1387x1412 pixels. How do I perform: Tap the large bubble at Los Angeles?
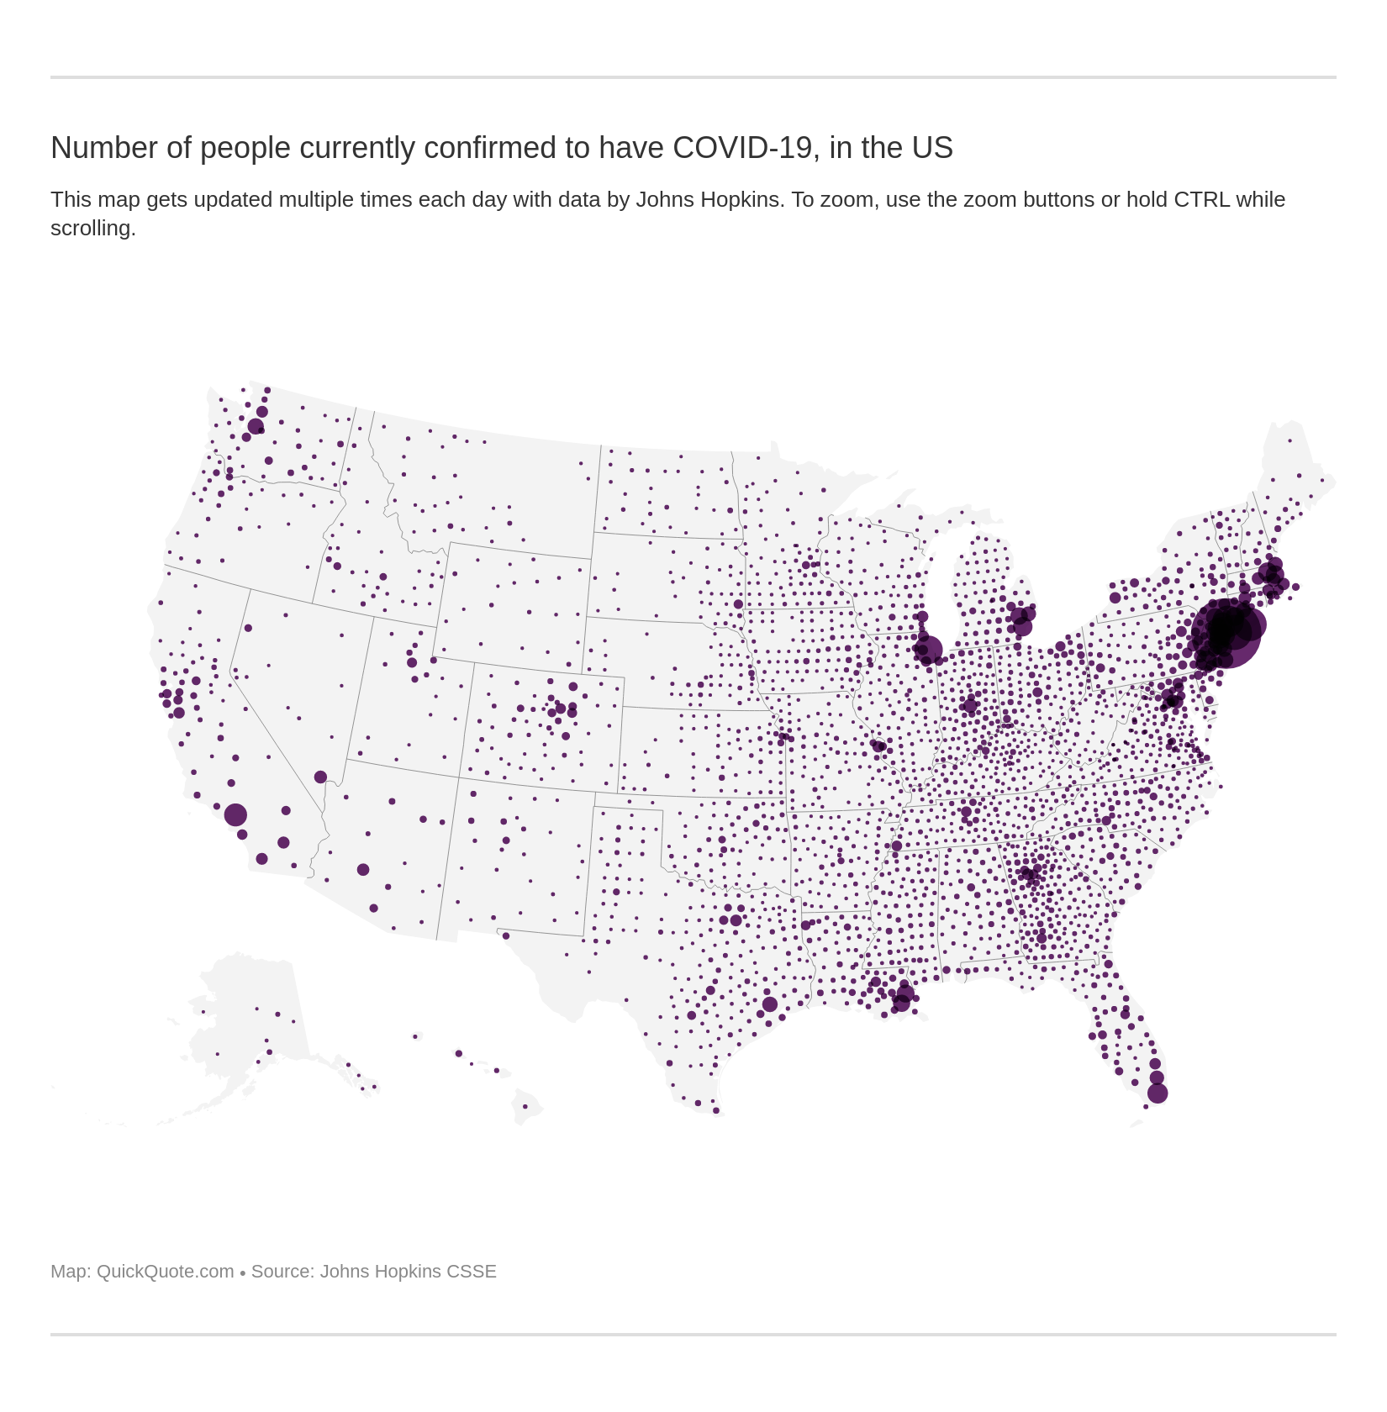pos(235,814)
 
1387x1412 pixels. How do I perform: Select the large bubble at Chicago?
pos(928,649)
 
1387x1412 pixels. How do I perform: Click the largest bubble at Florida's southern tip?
pos(1158,1093)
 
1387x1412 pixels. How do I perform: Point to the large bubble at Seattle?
pos(256,427)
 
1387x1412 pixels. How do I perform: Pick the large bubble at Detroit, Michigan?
pos(1022,625)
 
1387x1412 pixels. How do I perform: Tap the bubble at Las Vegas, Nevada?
pos(320,777)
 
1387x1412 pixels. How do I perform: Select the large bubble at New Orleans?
pos(902,1000)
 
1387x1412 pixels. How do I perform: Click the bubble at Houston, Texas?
pos(769,1004)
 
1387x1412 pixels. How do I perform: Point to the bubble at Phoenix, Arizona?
pos(363,870)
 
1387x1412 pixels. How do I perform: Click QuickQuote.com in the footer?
pos(165,1271)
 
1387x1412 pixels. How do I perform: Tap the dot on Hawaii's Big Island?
pos(525,1106)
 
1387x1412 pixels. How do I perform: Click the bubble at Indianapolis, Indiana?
pos(971,705)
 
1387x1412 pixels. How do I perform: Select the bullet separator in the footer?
pos(243,1272)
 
